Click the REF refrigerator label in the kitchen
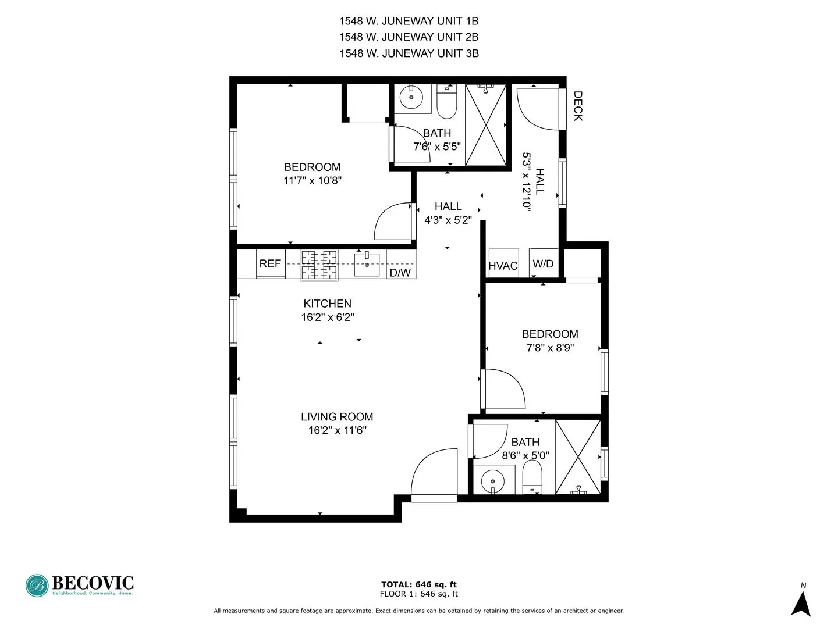point(270,264)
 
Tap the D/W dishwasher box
point(400,272)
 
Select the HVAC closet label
point(503,266)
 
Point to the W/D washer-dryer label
point(543,263)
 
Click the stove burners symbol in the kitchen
point(319,265)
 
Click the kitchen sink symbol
point(367,265)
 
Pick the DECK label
point(577,106)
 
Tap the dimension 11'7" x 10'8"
point(313,181)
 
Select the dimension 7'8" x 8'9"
point(550,348)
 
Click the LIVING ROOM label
point(337,417)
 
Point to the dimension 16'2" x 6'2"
point(328,317)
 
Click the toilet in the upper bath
point(447,102)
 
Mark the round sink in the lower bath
point(493,481)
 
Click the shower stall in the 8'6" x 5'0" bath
point(577,457)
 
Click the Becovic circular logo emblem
point(37,586)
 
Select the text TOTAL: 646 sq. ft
point(418,584)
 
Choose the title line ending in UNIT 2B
point(409,37)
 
